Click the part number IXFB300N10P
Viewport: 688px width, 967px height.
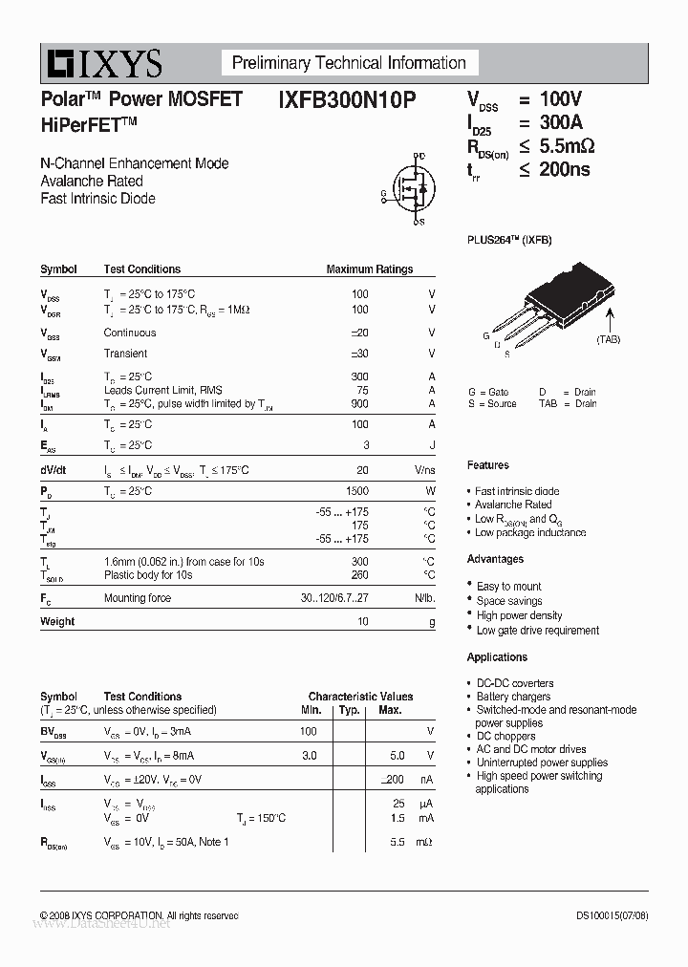pyautogui.click(x=347, y=99)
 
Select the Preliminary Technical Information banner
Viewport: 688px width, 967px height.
pyautogui.click(x=349, y=63)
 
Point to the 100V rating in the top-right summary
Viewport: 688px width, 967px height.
pyautogui.click(x=560, y=99)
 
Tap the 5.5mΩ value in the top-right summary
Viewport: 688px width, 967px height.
pyautogui.click(x=567, y=146)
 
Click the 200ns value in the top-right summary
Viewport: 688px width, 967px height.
pyautogui.click(x=565, y=170)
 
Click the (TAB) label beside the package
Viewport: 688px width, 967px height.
pyautogui.click(x=609, y=339)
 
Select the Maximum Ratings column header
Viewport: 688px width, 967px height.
pyautogui.click(x=369, y=269)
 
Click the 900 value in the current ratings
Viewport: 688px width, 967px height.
pyautogui.click(x=359, y=404)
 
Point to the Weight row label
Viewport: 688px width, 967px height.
pyautogui.click(x=57, y=621)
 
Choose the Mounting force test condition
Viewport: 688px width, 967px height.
pyautogui.click(x=138, y=598)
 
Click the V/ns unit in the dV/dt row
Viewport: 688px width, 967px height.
pyautogui.click(x=424, y=470)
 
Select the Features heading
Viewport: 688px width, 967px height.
pyautogui.click(x=488, y=465)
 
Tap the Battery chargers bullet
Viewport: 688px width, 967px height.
pyautogui.click(x=513, y=697)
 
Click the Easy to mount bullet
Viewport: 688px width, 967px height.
pyautogui.click(x=508, y=587)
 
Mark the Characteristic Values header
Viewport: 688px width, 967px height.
pyautogui.click(x=360, y=697)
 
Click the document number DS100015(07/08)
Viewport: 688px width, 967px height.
pyautogui.click(x=612, y=915)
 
